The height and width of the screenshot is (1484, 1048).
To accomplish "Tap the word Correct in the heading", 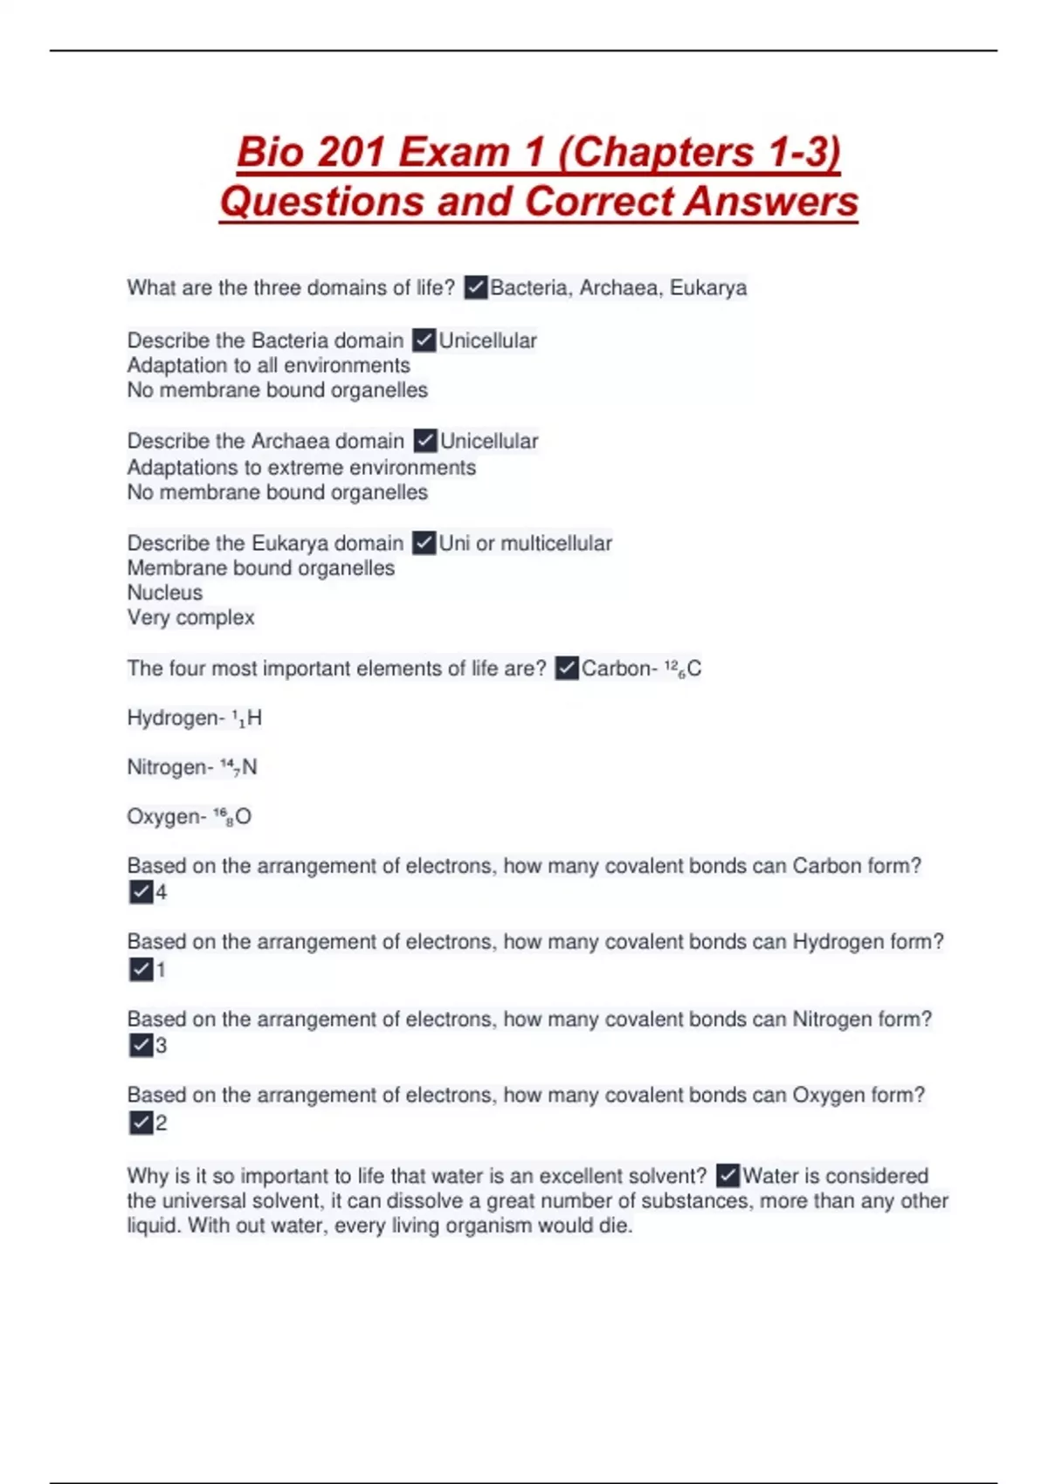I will point(602,202).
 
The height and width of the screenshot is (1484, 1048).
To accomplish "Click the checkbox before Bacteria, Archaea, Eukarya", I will point(476,287).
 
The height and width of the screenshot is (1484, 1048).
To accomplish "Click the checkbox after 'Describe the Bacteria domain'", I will point(424,340).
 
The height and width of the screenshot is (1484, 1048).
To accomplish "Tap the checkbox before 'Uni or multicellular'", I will point(424,543).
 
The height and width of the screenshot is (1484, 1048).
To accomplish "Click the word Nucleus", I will point(165,593).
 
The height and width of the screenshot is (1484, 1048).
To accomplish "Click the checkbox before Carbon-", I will point(567,669).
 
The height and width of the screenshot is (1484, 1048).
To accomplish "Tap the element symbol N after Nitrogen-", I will point(250,767).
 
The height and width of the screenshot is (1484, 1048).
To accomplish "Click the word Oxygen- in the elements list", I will point(167,817).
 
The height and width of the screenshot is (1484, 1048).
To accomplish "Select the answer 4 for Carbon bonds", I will point(162,892).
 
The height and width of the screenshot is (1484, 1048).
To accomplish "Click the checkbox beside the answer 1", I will point(141,969).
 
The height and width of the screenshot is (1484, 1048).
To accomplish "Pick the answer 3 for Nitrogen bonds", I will point(162,1045).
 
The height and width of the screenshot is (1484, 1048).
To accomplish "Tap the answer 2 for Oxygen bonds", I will point(162,1123).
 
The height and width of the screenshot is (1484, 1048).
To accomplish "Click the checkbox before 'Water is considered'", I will point(727,1176).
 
